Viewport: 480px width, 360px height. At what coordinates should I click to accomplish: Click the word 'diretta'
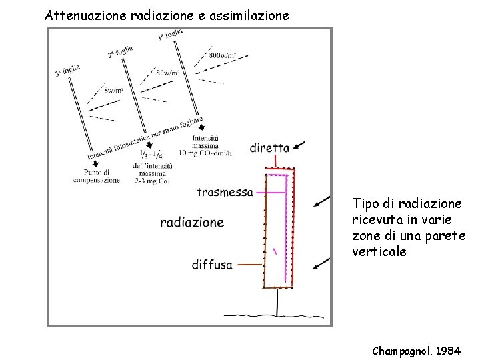click(x=269, y=147)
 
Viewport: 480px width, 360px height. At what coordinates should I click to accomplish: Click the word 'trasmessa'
click(x=225, y=192)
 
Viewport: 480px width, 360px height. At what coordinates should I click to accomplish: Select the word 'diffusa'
click(x=212, y=265)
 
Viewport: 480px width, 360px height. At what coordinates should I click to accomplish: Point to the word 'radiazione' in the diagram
click(x=192, y=222)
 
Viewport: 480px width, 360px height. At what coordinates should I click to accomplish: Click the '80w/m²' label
click(x=168, y=73)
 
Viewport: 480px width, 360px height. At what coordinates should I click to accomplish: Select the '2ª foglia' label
click(x=120, y=51)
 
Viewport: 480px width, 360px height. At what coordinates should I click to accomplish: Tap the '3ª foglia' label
click(x=68, y=70)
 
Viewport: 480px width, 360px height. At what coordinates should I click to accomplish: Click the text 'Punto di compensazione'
click(x=96, y=175)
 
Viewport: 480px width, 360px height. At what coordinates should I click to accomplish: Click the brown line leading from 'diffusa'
click(x=250, y=265)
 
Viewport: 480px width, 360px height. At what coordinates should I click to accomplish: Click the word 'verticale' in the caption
click(x=379, y=251)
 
